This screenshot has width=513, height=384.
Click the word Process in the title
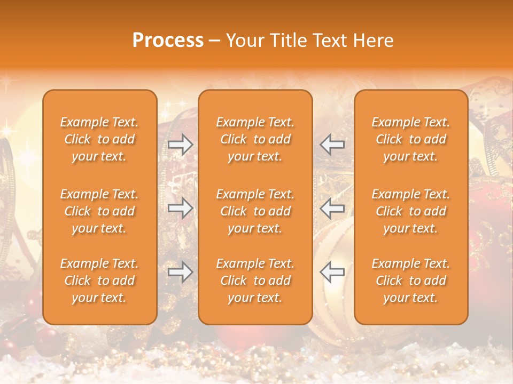pos(168,41)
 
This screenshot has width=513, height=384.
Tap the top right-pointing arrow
pos(180,144)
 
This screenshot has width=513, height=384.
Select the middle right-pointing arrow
pos(180,208)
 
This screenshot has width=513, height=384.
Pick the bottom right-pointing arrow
pos(180,272)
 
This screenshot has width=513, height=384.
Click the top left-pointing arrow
pos(332,144)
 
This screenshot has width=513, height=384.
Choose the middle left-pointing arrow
pos(332,208)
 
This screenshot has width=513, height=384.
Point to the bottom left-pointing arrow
pos(332,272)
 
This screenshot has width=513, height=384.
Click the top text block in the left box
pos(99,139)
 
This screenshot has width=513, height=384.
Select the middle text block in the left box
pos(99,211)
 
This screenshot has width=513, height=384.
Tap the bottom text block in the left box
pos(99,281)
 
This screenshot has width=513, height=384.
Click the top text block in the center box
pos(255,139)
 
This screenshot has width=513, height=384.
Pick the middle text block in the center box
pos(255,211)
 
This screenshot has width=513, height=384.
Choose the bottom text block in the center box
pos(255,281)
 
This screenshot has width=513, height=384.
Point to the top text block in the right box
pos(411,139)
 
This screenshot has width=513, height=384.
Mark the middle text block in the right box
pos(411,211)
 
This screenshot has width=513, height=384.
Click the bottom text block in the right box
pos(411,281)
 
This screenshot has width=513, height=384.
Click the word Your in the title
pos(243,41)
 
